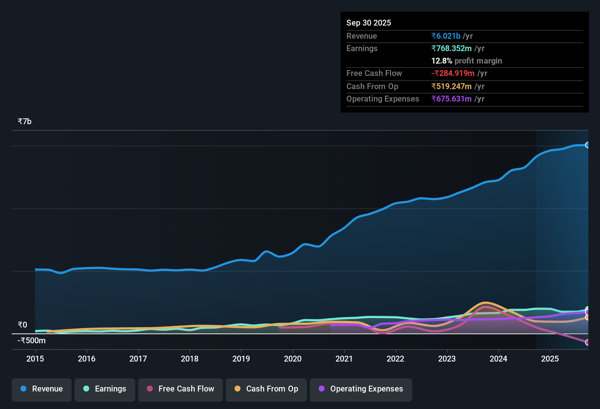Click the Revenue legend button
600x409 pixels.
pyautogui.click(x=42, y=389)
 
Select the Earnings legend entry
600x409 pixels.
pyautogui.click(x=105, y=389)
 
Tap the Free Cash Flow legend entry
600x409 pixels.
pyautogui.click(x=181, y=389)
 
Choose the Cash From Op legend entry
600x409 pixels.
pyautogui.click(x=266, y=389)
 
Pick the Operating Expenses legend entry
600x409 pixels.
pyautogui.click(x=361, y=389)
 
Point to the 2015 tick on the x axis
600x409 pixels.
pyautogui.click(x=35, y=359)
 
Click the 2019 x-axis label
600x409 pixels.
pyautogui.click(x=241, y=359)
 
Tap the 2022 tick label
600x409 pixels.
pyautogui.click(x=395, y=359)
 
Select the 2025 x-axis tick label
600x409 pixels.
pyautogui.click(x=550, y=359)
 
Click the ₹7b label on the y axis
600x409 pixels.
pyautogui.click(x=25, y=122)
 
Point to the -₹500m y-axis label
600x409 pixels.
pyautogui.click(x=32, y=341)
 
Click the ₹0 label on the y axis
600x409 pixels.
pyautogui.click(x=23, y=325)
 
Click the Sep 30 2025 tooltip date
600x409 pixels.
pyautogui.click(x=369, y=23)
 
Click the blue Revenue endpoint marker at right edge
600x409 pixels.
pyautogui.click(x=588, y=145)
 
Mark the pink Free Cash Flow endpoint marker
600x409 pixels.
pyautogui.click(x=588, y=342)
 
